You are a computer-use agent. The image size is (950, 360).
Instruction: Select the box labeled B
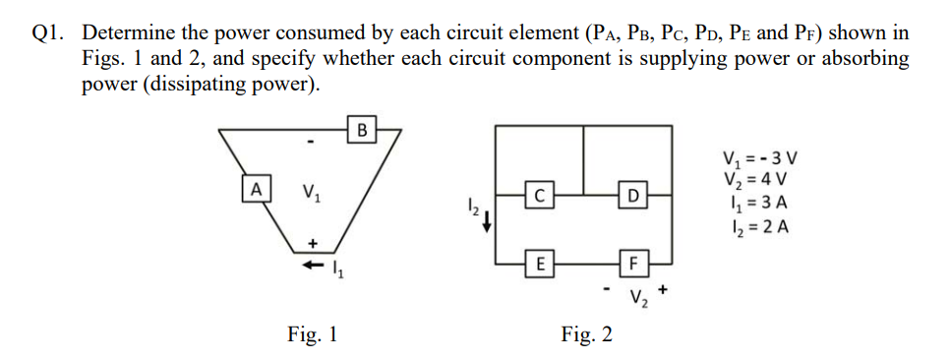pyautogui.click(x=362, y=128)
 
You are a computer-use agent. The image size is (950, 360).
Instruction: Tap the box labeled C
pyautogui.click(x=537, y=195)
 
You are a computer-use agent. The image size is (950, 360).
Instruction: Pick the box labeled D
pyautogui.click(x=634, y=195)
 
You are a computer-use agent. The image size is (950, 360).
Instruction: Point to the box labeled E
pyautogui.click(x=537, y=263)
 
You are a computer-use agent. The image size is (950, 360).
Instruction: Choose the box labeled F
pyautogui.click(x=634, y=263)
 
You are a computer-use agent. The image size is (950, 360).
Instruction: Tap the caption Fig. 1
pyautogui.click(x=313, y=334)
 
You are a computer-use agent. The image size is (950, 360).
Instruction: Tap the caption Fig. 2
pyautogui.click(x=587, y=334)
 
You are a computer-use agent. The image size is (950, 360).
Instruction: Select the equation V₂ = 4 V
pyautogui.click(x=754, y=181)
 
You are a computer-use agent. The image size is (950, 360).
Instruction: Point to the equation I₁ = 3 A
pyautogui.click(x=754, y=205)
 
